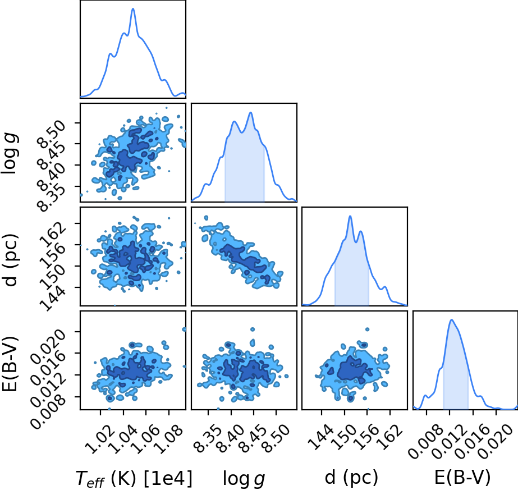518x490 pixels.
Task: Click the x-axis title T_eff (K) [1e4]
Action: coord(134,478)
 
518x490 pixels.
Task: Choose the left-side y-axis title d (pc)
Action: coord(10,260)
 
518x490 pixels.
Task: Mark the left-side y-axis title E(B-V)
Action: coord(10,364)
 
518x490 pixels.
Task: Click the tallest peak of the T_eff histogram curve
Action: coord(133,8)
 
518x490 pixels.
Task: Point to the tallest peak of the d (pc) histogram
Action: coord(350,216)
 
